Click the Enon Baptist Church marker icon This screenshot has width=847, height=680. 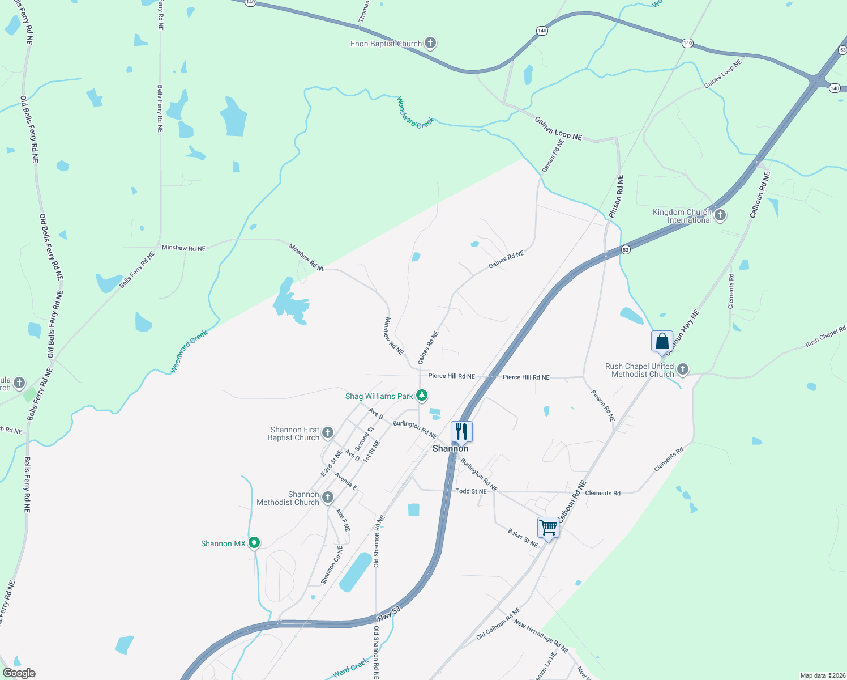tap(430, 43)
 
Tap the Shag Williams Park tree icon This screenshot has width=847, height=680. tap(422, 395)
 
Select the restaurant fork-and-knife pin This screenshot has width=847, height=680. tap(461, 432)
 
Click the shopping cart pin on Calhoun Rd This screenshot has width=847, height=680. tap(548, 527)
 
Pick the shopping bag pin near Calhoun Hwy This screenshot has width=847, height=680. tap(662, 341)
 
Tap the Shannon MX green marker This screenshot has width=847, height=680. tap(254, 543)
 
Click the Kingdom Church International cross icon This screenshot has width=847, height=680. tap(720, 215)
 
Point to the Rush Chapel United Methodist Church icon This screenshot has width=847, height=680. tap(683, 369)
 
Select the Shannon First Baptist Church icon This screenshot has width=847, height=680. tap(328, 433)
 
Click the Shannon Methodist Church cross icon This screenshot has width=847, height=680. tap(328, 498)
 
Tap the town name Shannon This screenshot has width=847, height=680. tap(450, 448)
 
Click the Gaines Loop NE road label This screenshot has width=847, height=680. tap(558, 128)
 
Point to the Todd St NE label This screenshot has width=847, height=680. tap(471, 491)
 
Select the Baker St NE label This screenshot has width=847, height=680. tap(523, 538)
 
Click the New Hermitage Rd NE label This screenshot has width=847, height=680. tap(541, 636)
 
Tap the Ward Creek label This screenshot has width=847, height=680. tap(350, 669)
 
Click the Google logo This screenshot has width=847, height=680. tap(19, 673)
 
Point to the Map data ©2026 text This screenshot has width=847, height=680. tap(820, 675)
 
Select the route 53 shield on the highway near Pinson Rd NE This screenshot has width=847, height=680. tap(626, 249)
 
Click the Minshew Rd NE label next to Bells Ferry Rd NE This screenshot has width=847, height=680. tap(183, 248)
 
